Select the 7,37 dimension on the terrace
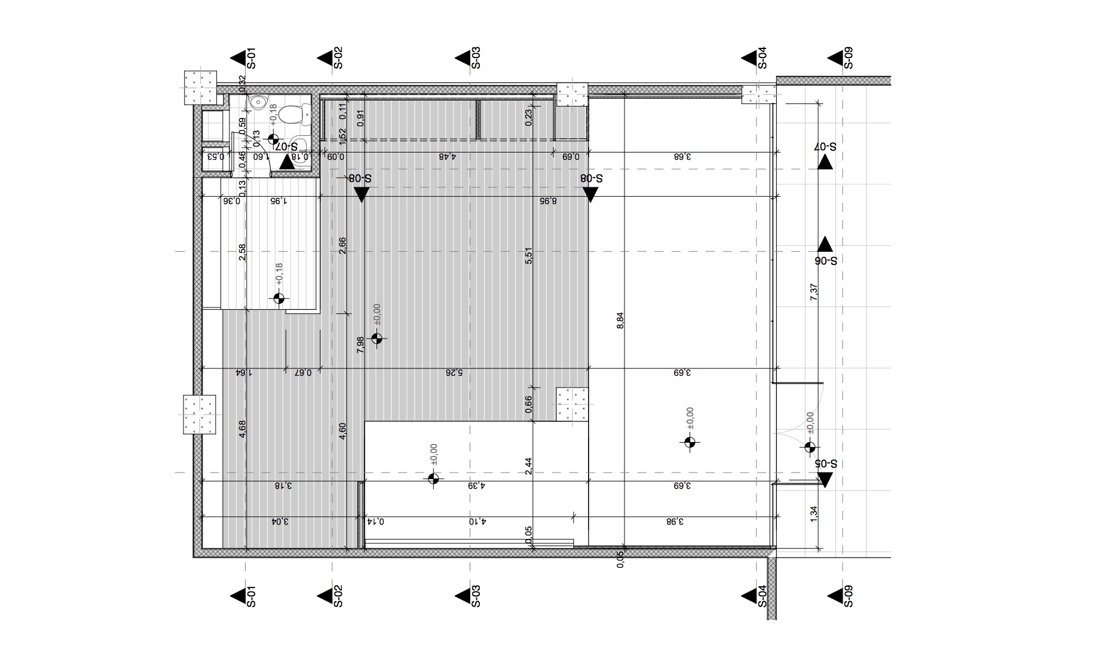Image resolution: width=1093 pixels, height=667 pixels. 813,291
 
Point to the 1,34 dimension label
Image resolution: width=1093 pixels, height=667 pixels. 813,514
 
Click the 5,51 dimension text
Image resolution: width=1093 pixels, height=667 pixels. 528,255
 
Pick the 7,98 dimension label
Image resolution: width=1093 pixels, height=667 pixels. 360,345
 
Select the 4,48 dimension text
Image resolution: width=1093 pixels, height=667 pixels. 448,157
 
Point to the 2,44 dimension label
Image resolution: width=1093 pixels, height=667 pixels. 528,466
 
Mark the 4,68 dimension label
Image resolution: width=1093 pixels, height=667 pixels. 243,429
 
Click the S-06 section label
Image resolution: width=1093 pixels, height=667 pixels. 825,261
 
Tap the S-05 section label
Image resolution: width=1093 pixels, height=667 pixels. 825,464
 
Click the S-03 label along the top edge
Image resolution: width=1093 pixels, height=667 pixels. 476,58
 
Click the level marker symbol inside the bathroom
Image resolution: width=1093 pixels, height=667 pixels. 274,140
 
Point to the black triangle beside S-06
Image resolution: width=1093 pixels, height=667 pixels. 825,244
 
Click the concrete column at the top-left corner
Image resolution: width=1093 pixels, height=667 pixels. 200,87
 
